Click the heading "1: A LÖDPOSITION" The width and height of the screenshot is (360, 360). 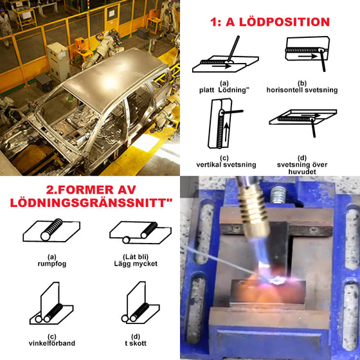click(270, 22)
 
